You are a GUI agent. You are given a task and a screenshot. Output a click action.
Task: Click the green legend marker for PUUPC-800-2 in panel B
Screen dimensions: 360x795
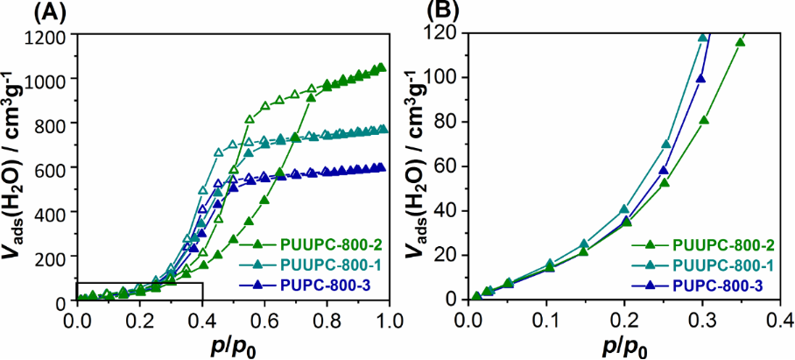651,244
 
